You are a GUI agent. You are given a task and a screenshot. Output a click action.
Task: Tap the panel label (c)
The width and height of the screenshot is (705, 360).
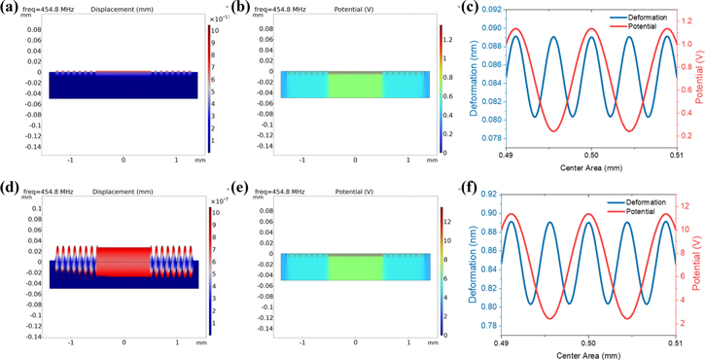click(470, 9)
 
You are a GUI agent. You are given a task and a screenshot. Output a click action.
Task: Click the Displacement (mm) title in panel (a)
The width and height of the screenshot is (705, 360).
click(120, 10)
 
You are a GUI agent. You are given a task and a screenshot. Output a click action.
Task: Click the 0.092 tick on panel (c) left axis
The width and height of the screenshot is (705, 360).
click(489, 10)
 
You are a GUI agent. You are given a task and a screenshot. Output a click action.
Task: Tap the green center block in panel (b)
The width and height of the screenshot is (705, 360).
click(355, 84)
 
